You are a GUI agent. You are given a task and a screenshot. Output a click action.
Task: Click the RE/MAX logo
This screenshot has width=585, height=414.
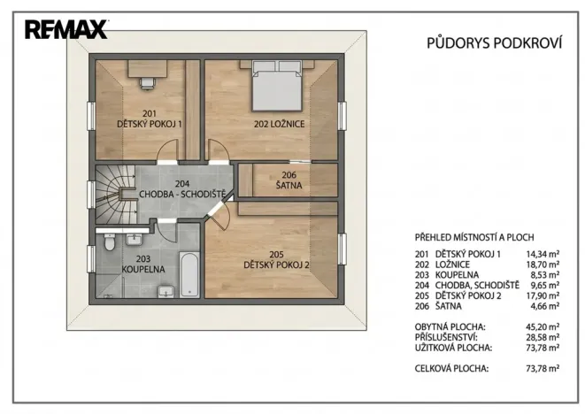click(65, 29)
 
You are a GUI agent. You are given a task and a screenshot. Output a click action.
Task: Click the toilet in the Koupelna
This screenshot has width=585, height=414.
click(109, 241)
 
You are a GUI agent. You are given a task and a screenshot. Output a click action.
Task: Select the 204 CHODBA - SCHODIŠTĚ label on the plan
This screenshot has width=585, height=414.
click(181, 188)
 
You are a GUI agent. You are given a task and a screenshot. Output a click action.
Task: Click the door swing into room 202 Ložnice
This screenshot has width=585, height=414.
click(217, 150)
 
